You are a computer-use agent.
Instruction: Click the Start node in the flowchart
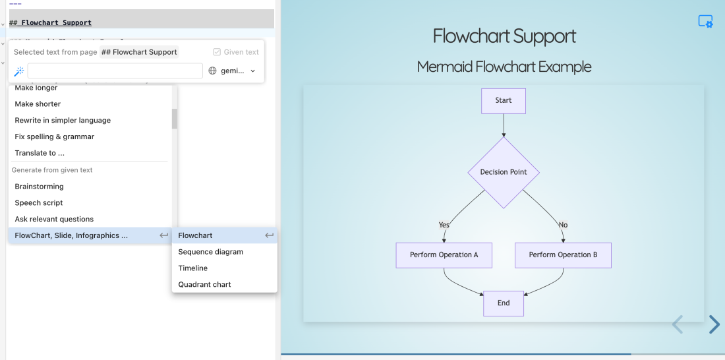coord(504,101)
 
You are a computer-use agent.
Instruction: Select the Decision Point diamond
coord(504,173)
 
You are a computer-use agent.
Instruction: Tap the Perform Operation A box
coord(444,255)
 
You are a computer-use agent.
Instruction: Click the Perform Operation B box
coord(563,255)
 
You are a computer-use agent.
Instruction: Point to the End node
coord(504,303)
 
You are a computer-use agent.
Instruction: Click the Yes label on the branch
coord(444,225)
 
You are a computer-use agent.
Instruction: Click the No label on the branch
coord(563,225)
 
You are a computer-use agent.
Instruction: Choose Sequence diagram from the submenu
coord(210,252)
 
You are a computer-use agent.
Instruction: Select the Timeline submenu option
coord(192,268)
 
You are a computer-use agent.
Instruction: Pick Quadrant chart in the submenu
coord(204,285)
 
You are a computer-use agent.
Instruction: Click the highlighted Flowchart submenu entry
coord(195,235)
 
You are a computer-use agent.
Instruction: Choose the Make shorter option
coord(38,104)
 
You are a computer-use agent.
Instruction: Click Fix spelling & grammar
coord(54,137)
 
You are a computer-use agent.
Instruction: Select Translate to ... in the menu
coord(40,153)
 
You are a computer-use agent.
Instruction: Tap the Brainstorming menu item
coord(39,187)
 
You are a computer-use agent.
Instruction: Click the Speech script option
coord(39,203)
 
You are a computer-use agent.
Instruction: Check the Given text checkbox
coord(217,52)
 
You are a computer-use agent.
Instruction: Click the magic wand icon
coord(19,71)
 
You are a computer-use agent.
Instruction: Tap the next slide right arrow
coord(714,324)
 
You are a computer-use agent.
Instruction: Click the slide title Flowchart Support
coord(504,36)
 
